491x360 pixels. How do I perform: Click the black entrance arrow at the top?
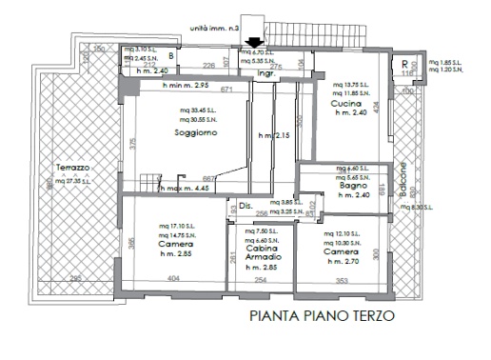[250, 41]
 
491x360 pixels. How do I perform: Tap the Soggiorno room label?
[195, 133]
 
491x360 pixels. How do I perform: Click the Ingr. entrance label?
[265, 71]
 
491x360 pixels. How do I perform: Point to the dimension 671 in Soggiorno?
[226, 90]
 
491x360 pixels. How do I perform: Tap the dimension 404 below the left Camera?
[172, 278]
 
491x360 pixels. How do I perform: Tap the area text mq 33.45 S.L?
[194, 110]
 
